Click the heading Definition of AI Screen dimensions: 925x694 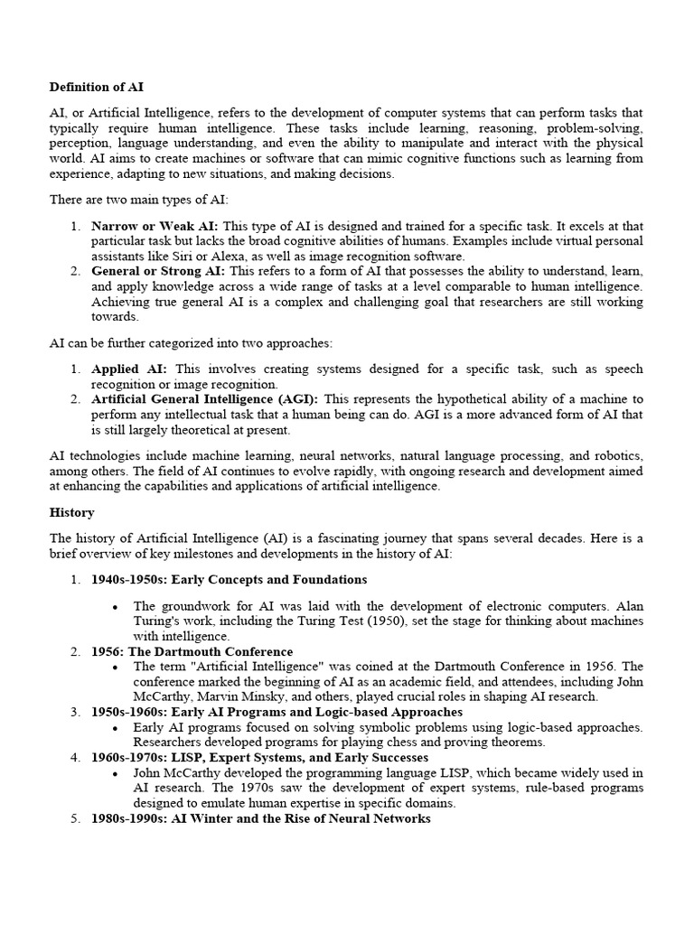(x=96, y=88)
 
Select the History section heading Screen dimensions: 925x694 (x=71, y=512)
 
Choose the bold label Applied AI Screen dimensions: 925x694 (x=129, y=369)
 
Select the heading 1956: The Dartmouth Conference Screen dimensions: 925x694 (x=192, y=651)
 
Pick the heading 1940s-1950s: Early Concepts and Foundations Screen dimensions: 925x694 (x=229, y=579)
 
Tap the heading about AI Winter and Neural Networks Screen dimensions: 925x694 (x=260, y=818)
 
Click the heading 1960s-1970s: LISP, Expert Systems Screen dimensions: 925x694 (x=259, y=757)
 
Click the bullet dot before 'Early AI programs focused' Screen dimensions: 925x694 (x=115, y=728)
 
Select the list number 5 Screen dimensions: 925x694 (x=76, y=818)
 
